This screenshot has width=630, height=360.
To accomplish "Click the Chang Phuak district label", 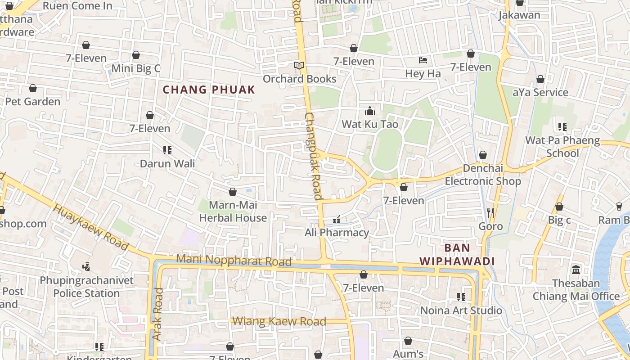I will (x=209, y=90).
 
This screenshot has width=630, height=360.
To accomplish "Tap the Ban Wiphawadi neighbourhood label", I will (x=457, y=255).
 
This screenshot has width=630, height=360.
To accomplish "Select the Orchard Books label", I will (x=299, y=79).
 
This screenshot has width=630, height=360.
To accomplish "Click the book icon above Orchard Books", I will (x=299, y=66).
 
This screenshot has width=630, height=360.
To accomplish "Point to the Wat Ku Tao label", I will (x=370, y=124).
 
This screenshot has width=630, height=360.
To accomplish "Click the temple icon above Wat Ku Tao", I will (x=370, y=111).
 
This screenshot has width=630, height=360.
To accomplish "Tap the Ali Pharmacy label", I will (x=337, y=233).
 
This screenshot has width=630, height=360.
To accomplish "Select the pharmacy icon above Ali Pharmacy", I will (x=336, y=220).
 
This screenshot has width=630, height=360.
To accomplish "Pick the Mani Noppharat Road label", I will (x=234, y=260).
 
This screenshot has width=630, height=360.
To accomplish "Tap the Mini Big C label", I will (x=135, y=68).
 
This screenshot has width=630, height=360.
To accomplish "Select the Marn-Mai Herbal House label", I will (x=233, y=211).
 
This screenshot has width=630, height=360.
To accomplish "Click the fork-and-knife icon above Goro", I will (x=490, y=212).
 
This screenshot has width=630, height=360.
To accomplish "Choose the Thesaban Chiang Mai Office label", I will (x=576, y=290).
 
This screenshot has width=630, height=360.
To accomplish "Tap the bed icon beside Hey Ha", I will (x=423, y=60).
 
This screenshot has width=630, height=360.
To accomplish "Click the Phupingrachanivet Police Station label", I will (x=86, y=287).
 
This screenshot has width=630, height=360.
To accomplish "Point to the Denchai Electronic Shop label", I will (x=483, y=175).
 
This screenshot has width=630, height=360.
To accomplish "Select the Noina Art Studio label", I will (x=461, y=310).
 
